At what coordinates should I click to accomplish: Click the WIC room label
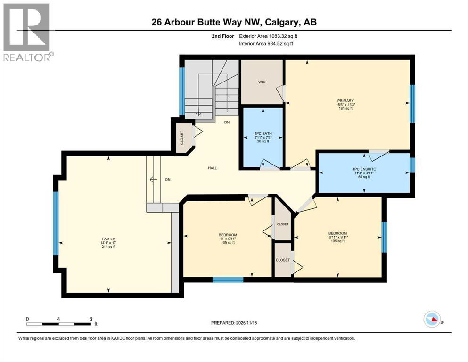[262, 82]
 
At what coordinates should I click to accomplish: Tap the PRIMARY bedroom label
[345, 100]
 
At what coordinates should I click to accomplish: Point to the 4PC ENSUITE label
[363, 169]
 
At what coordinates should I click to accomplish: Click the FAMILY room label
[107, 239]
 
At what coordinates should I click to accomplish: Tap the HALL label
[213, 168]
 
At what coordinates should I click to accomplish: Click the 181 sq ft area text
[345, 108]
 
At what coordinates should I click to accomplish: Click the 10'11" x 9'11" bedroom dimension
[337, 237]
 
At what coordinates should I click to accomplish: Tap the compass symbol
[432, 320]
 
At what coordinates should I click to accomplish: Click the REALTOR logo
[27, 33]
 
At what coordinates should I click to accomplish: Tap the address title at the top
[234, 22]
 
